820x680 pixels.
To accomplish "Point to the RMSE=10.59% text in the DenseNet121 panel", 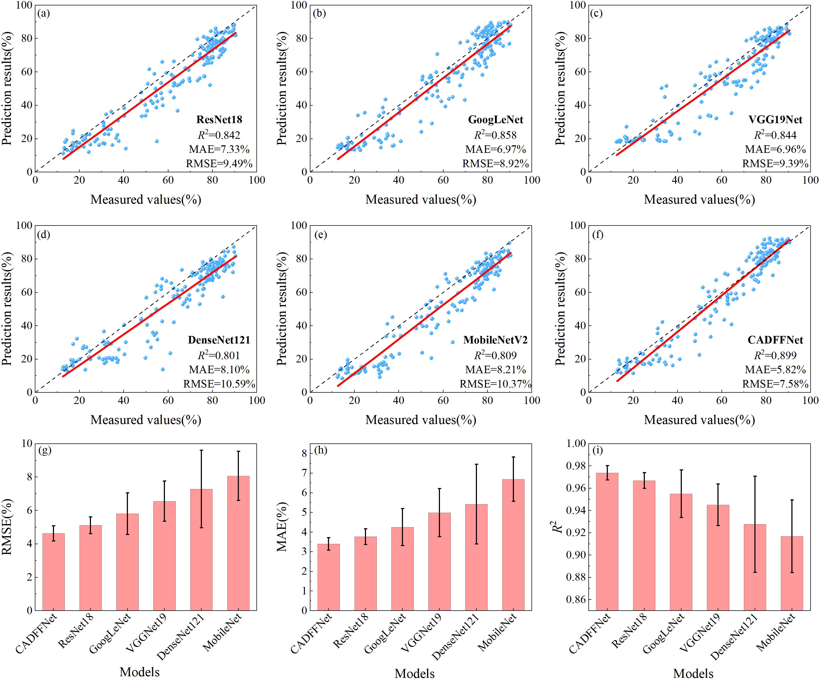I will pos(219,384).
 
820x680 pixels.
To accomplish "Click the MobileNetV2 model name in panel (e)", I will pos(495,340).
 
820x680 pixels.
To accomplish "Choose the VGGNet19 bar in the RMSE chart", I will pos(164,556).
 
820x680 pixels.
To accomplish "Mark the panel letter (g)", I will pos(45,450).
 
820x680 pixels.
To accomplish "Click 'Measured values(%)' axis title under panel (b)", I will pos(421,200).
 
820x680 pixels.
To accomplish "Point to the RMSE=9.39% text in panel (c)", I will pos(775,164).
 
